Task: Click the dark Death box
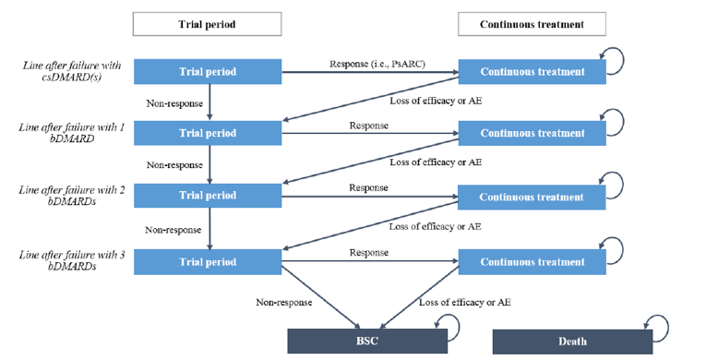[571, 341]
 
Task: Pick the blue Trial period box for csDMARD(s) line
[208, 71]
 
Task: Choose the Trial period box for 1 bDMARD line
[208, 133]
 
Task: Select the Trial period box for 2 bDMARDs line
[208, 196]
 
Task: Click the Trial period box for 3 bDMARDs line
[208, 261]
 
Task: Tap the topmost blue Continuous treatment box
[532, 71]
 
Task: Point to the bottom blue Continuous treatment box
[532, 261]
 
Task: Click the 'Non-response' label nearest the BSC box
[285, 302]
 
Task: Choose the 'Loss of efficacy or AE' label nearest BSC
[464, 302]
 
